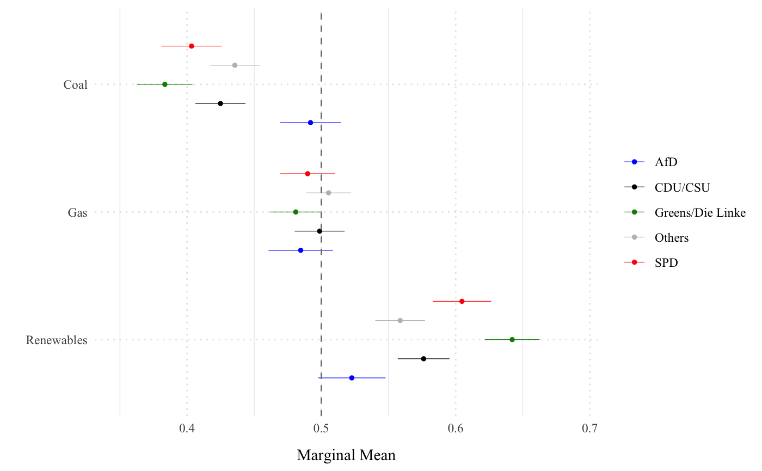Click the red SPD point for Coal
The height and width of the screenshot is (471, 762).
(x=192, y=46)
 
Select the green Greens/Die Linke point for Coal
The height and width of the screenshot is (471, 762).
(x=165, y=84)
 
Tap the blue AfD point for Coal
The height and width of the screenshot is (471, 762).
(x=310, y=123)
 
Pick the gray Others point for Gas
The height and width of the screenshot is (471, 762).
(x=328, y=193)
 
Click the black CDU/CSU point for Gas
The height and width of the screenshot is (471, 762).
(x=319, y=231)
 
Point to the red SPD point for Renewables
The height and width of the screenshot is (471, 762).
(x=462, y=301)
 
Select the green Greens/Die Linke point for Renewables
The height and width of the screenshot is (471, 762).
(x=512, y=339)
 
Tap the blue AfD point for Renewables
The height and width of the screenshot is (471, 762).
(x=352, y=378)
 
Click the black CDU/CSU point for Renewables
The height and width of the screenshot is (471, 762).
(x=423, y=358)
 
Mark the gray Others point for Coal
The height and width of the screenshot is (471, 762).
(x=235, y=65)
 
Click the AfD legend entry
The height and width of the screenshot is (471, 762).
(x=666, y=162)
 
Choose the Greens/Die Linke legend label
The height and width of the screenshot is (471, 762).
(x=700, y=212)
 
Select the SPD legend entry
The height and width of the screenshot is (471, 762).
(x=667, y=263)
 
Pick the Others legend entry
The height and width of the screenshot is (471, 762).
(x=672, y=238)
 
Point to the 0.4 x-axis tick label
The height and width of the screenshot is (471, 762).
(x=187, y=429)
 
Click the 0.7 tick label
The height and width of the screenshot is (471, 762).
(x=590, y=429)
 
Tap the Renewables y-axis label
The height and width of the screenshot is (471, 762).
(x=57, y=340)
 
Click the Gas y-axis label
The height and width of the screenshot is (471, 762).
(x=77, y=212)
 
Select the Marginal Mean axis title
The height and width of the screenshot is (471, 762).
(x=346, y=455)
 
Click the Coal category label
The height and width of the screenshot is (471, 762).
(x=75, y=85)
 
